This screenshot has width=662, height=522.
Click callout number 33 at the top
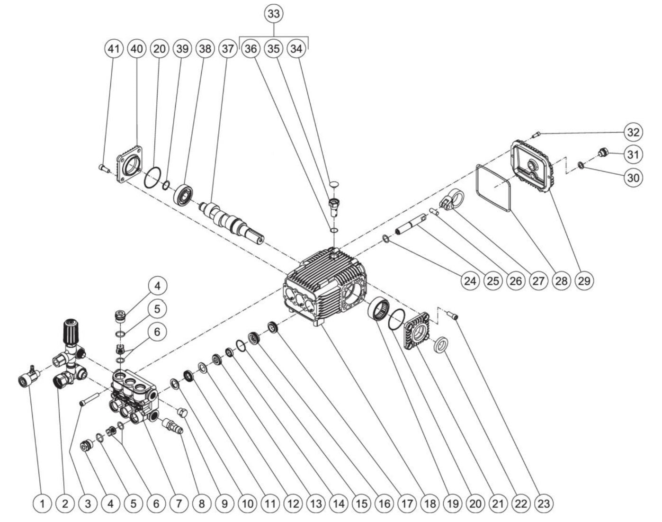pos(274,14)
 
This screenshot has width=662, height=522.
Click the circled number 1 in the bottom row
pos(43,503)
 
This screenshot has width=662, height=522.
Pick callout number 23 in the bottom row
pos(544,503)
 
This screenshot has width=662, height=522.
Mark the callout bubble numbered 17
pos(407,503)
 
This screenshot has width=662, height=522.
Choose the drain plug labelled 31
pos(603,153)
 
